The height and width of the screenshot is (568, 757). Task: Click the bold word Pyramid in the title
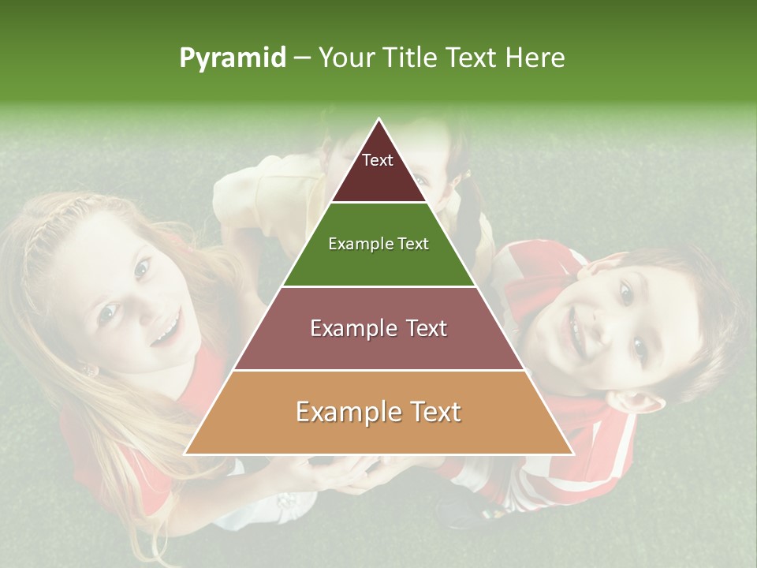point(232,58)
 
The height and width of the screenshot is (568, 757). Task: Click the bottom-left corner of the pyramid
point(186,454)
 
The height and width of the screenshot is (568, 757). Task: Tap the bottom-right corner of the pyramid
point(572,454)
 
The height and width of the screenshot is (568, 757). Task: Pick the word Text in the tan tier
point(429,412)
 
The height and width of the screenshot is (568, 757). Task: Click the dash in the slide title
point(302,58)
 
